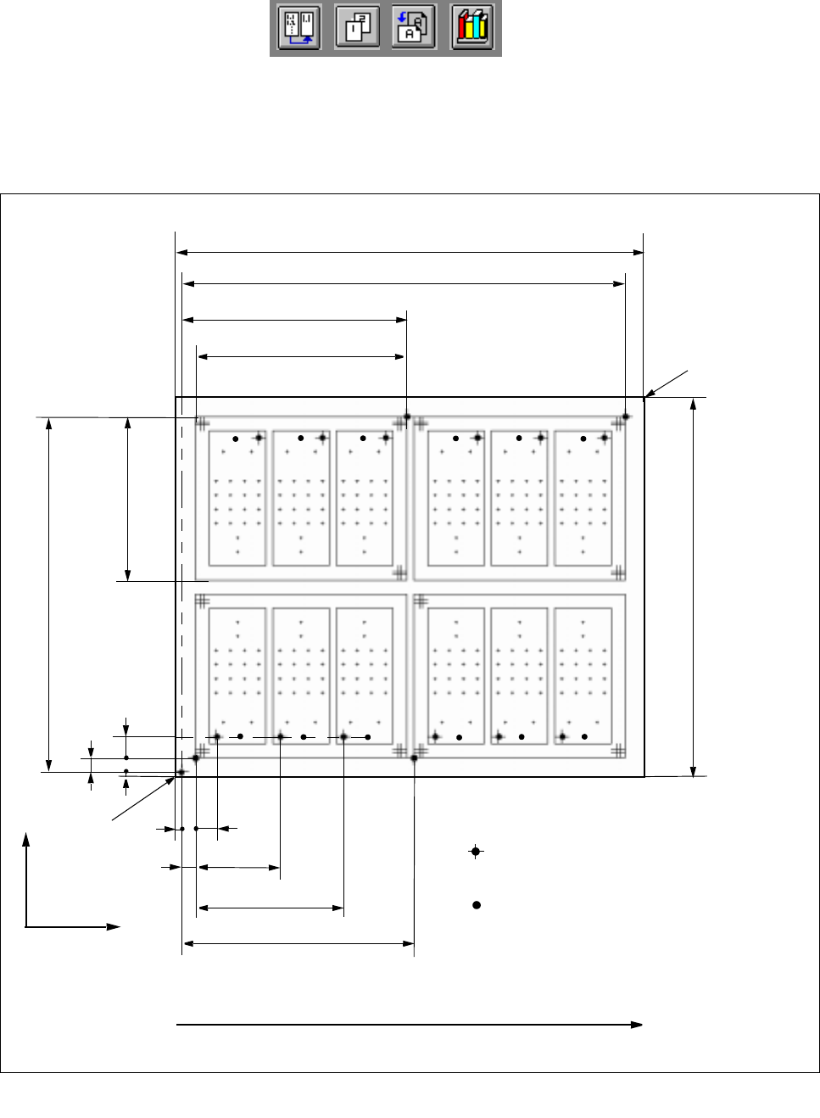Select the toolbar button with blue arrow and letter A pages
(x=414, y=29)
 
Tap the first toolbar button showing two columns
(x=299, y=29)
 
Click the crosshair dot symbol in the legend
(x=477, y=852)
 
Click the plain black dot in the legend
(x=477, y=905)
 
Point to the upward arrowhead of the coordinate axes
(x=26, y=839)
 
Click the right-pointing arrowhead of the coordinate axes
(x=114, y=927)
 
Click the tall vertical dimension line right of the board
(x=694, y=585)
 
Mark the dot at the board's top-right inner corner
(x=626, y=416)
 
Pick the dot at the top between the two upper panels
(x=407, y=416)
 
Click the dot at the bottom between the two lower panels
(x=414, y=758)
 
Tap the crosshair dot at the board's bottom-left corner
(x=181, y=772)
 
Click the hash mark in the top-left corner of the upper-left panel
(x=203, y=422)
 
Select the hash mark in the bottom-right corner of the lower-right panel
(x=619, y=751)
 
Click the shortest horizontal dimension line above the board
(x=301, y=357)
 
